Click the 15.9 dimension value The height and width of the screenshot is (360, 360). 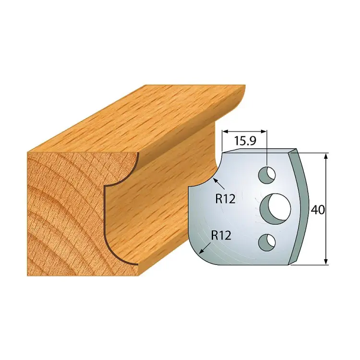[x=245, y=142]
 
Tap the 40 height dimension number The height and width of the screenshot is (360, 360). [x=318, y=209]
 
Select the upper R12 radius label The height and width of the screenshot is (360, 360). [x=225, y=199]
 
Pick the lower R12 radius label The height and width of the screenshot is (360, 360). [x=221, y=236]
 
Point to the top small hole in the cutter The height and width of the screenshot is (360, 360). [x=267, y=175]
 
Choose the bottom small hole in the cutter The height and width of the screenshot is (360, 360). [x=267, y=242]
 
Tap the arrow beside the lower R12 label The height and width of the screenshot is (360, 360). [x=205, y=249]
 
